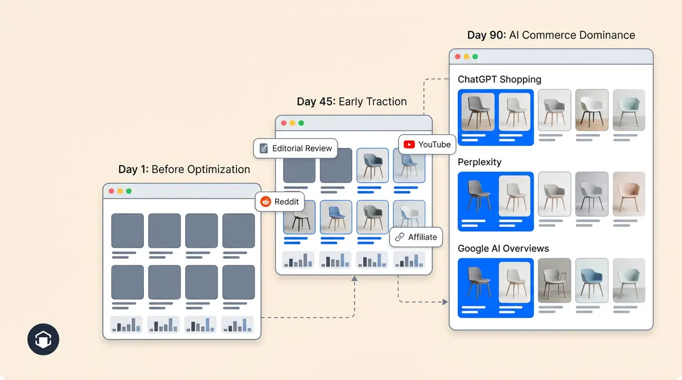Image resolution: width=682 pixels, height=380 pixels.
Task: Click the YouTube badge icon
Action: click(409, 145)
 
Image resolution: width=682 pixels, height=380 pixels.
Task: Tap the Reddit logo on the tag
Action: click(265, 202)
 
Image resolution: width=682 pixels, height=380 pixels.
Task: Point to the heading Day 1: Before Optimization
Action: click(184, 169)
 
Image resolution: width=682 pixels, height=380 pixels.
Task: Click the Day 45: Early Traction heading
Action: click(352, 102)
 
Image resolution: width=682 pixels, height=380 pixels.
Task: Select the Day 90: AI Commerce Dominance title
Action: click(551, 35)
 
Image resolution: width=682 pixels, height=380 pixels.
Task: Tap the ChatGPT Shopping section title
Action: click(500, 80)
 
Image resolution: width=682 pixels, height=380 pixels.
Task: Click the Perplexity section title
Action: click(480, 162)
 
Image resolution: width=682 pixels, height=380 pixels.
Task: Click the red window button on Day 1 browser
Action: click(111, 191)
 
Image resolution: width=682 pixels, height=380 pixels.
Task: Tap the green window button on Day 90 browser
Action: click(475, 57)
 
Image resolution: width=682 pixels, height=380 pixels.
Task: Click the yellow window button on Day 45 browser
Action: click(293, 123)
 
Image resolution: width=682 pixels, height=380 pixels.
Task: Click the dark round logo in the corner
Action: click(43, 340)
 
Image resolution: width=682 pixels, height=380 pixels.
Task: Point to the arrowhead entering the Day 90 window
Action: click(445, 302)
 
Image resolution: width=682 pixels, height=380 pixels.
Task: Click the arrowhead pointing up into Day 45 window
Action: click(354, 278)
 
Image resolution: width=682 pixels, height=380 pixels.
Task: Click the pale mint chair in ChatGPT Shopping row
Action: click(629, 110)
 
